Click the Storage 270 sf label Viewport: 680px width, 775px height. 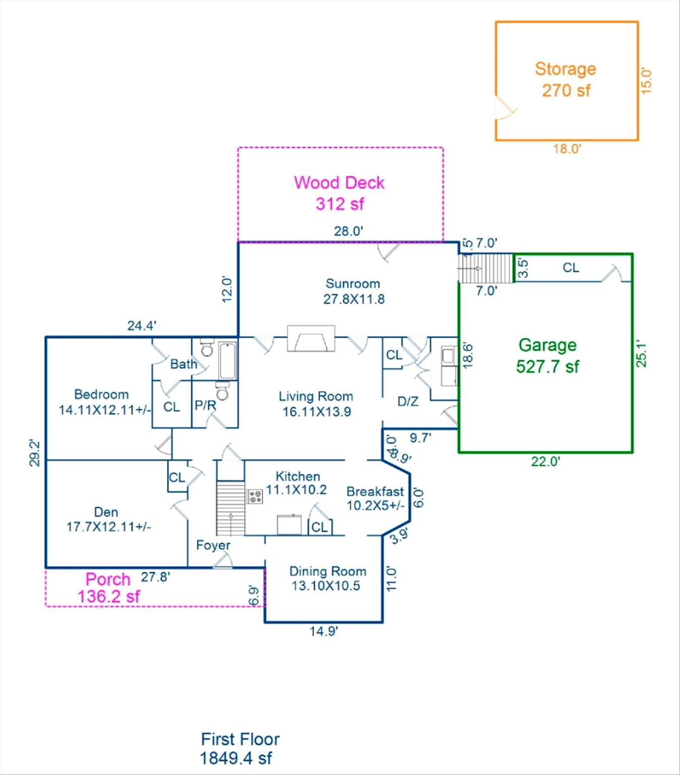coord(566,80)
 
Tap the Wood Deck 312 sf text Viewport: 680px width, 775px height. coord(339,193)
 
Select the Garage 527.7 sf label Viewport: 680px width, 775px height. coord(547,356)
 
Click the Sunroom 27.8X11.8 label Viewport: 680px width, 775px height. coord(353,291)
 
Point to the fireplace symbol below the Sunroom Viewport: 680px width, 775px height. coord(311,338)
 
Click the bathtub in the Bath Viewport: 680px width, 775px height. coord(228,360)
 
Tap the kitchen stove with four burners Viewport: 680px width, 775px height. coord(255,496)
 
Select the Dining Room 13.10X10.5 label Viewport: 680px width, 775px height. coord(327,578)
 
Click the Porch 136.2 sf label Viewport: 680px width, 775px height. coord(108,588)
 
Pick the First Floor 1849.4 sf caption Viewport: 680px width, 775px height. coord(239,748)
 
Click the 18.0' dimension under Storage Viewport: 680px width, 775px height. coord(567,149)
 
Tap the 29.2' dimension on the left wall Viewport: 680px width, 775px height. coord(34,453)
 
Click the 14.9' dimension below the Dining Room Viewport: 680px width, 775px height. coord(324,631)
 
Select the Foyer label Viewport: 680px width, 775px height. coord(213,545)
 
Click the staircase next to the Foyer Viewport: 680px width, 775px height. coord(230,508)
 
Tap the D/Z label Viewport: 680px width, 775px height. coord(408,402)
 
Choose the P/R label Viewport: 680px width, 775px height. coord(205,405)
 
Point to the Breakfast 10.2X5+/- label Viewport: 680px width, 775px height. coord(376,499)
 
